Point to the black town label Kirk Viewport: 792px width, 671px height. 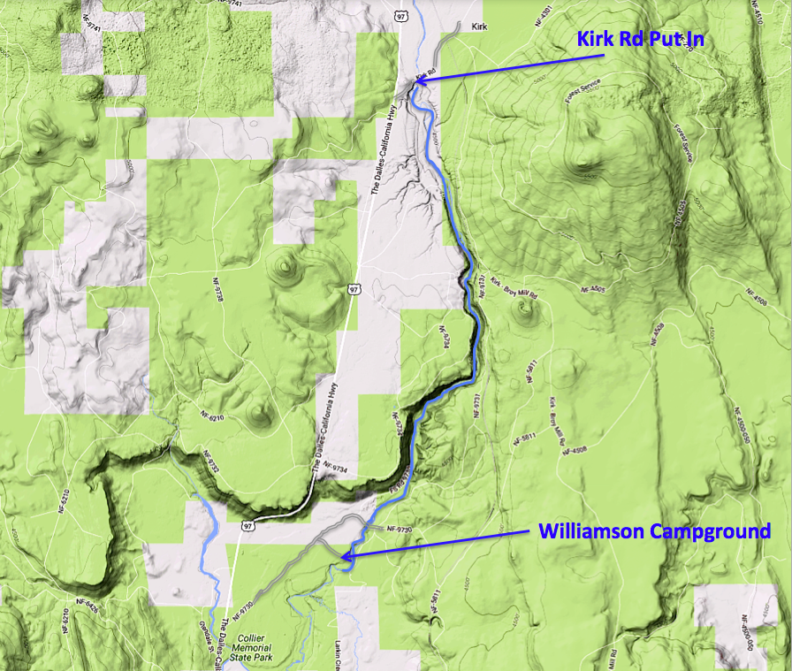click(x=480, y=27)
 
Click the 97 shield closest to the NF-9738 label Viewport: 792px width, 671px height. click(x=354, y=289)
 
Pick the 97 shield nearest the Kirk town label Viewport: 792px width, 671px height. click(x=401, y=15)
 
